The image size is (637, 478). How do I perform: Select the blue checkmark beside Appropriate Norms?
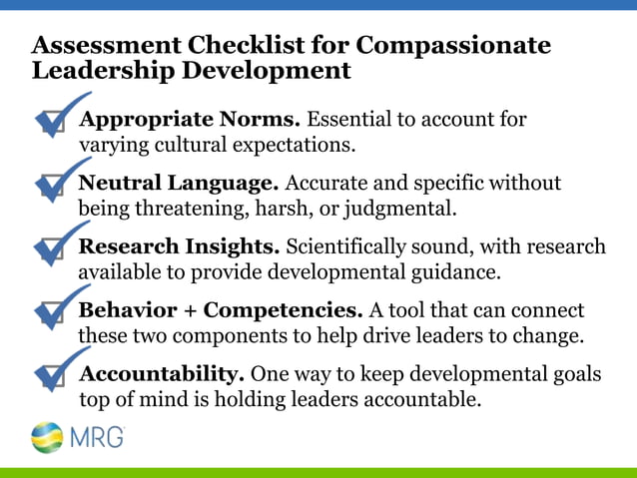point(56,119)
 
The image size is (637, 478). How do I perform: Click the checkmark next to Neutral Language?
point(56,184)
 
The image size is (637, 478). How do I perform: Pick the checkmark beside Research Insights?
point(56,245)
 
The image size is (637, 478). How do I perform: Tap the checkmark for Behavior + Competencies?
point(56,309)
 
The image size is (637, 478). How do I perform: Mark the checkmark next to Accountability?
point(56,373)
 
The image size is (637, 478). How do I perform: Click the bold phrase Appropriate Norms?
point(189,120)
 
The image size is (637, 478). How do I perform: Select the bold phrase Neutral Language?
point(178,184)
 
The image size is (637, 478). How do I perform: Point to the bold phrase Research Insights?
point(181,246)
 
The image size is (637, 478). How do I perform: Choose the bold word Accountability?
point(161,374)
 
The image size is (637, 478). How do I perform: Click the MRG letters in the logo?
point(98,437)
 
